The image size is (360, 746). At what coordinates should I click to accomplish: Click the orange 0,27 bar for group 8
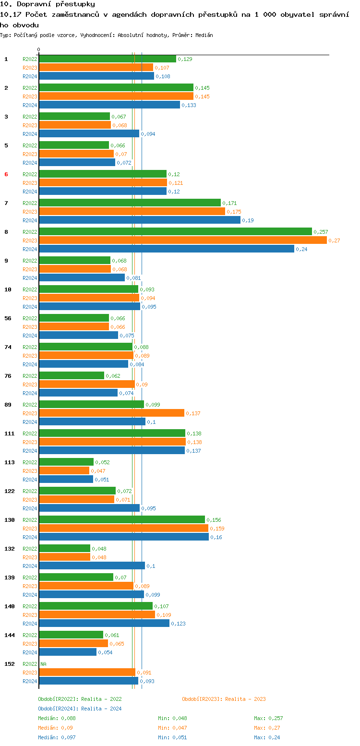tap(182, 240)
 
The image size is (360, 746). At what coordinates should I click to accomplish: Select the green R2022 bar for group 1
tap(107, 59)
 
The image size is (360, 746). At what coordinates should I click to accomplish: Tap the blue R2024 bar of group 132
tap(92, 566)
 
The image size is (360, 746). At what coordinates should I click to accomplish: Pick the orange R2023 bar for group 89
tap(111, 413)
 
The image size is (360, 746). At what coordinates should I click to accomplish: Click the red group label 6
tap(6, 174)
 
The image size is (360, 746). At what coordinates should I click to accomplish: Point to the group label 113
tap(9, 462)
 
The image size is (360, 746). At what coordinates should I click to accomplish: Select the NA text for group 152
tap(43, 664)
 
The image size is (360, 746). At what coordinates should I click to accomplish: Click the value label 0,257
tap(321, 232)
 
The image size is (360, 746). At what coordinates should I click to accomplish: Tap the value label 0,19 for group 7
tap(248, 220)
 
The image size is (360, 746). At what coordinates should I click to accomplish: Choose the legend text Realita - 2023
tap(245, 699)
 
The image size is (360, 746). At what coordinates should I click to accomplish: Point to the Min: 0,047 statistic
tap(172, 728)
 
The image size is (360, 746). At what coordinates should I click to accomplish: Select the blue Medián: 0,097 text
tap(57, 737)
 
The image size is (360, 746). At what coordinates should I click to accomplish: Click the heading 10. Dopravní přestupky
tap(48, 4)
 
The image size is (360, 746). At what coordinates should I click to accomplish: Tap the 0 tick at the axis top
tap(39, 49)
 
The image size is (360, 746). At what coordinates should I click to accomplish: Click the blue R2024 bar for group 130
tap(123, 537)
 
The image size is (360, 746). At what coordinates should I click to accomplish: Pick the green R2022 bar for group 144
tap(71, 635)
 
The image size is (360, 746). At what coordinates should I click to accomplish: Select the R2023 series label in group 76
tap(30, 385)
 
